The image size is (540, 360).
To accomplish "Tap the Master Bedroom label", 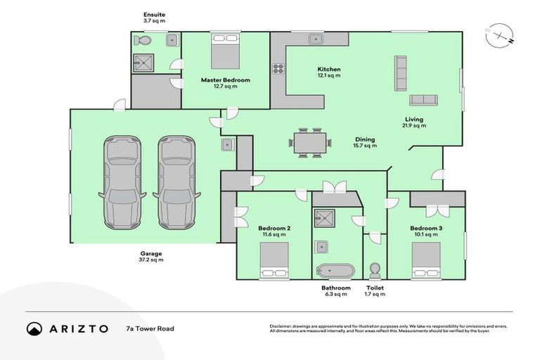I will click(x=225, y=83).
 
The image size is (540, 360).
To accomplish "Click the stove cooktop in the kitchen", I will click(x=278, y=69).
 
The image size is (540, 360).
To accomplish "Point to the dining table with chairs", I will click(x=309, y=142).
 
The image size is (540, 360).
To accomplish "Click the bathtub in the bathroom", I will click(x=335, y=271).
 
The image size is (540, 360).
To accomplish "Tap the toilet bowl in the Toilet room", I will click(x=375, y=270).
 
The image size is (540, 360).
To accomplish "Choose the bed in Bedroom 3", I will click(x=426, y=261).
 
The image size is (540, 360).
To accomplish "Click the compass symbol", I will click(x=496, y=36).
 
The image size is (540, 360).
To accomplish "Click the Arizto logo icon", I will click(x=34, y=328).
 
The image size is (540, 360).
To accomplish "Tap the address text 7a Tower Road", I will click(x=150, y=328).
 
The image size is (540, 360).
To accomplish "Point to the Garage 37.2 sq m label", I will click(x=150, y=257).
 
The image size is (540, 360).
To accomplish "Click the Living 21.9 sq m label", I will click(x=415, y=122).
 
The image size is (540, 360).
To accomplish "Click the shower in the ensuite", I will click(x=143, y=62).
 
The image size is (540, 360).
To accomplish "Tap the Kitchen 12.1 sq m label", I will click(x=328, y=72).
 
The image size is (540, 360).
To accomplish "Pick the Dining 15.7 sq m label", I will click(x=365, y=142).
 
